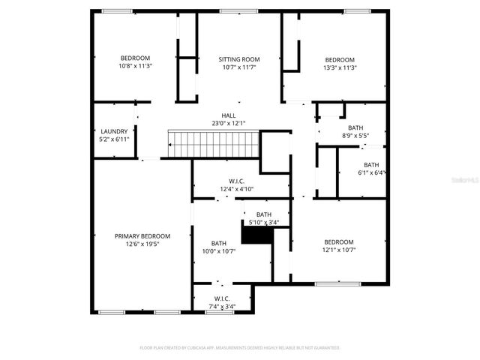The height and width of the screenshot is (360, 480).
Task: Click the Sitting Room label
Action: [239, 59]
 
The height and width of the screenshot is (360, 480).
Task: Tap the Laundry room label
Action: [114, 131]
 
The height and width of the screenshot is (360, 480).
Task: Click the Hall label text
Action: [228, 115]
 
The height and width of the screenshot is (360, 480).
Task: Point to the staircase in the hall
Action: [212, 142]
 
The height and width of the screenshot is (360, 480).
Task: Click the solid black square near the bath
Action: [256, 235]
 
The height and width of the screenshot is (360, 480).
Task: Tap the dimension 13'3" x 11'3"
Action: [339, 67]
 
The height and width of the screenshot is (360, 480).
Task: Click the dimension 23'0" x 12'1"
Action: [228, 123]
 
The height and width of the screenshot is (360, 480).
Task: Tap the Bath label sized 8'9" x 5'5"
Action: [355, 127]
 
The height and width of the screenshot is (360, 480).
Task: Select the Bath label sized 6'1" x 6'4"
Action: [371, 165]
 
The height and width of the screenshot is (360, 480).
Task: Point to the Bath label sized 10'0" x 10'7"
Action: [219, 243]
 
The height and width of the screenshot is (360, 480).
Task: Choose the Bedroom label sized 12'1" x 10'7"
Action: [338, 241]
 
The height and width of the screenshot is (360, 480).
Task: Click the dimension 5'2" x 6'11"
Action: [114, 139]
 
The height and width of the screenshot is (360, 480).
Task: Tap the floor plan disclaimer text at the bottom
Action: [240, 348]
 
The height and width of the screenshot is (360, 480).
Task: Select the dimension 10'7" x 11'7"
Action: [239, 67]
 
